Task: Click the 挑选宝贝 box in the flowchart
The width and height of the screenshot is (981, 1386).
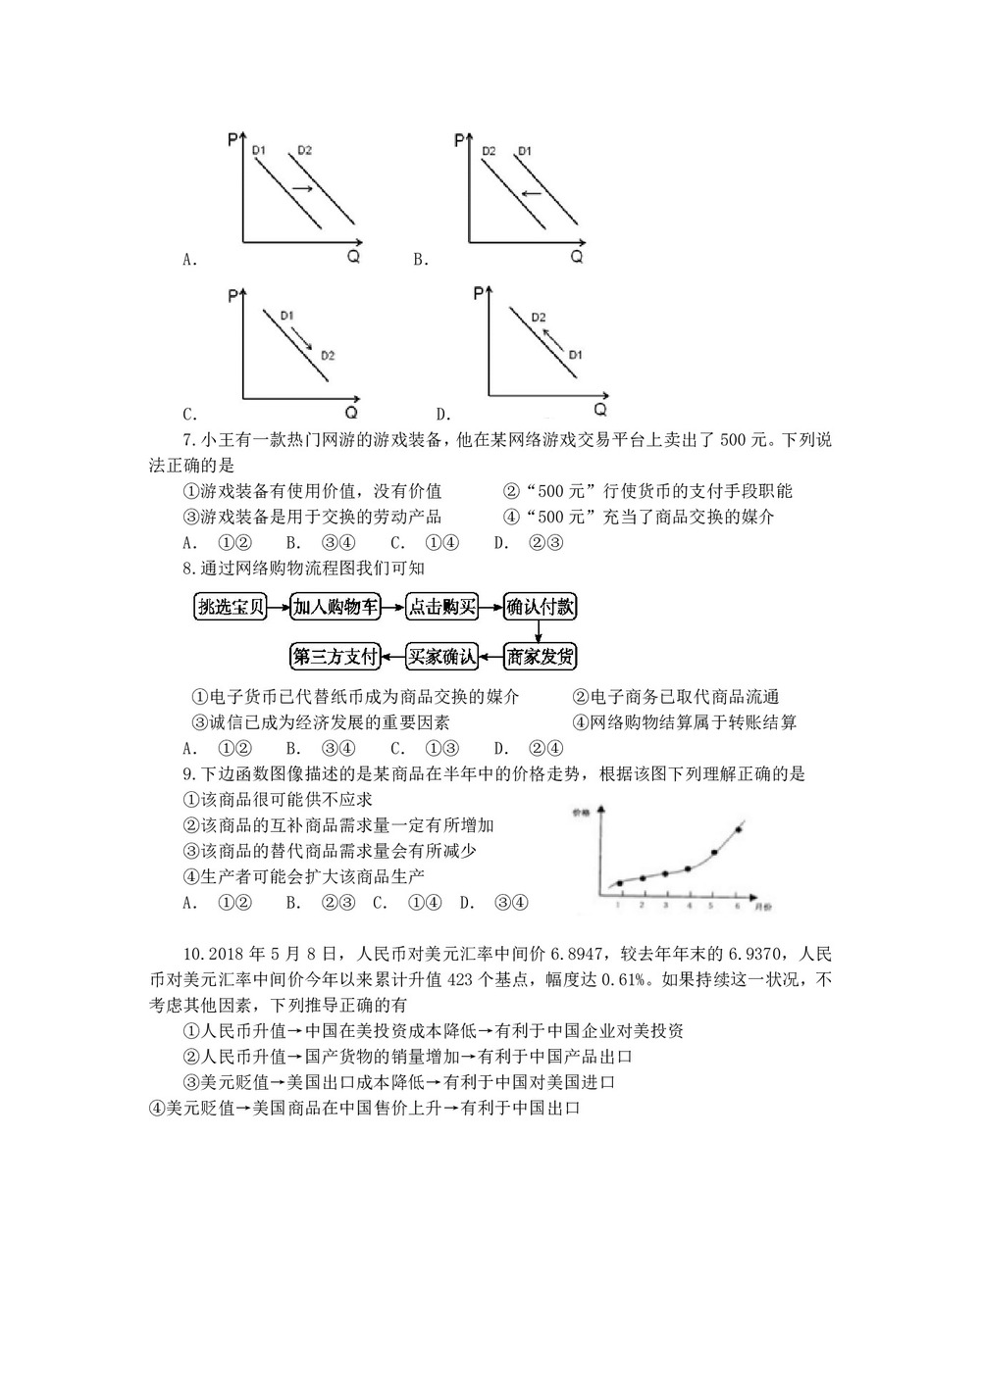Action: click(x=231, y=608)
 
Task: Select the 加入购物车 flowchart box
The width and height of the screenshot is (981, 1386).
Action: click(x=336, y=608)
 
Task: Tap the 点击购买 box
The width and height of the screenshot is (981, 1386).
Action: click(x=442, y=608)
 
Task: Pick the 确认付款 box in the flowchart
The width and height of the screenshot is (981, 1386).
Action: click(x=540, y=608)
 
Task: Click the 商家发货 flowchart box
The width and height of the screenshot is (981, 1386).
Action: click(x=540, y=656)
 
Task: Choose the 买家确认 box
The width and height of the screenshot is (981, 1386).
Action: click(x=442, y=656)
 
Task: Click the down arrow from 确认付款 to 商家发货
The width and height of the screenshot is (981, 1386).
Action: click(x=540, y=632)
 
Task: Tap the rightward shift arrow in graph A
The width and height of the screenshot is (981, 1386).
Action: click(x=302, y=188)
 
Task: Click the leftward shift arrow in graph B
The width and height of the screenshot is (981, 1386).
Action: click(x=531, y=193)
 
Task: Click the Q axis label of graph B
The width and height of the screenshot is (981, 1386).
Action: click(x=577, y=257)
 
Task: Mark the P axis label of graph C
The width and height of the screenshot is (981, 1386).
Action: click(x=232, y=296)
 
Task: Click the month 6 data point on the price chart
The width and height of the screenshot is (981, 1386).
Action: click(x=738, y=830)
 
